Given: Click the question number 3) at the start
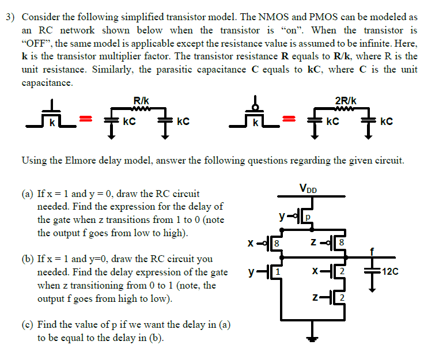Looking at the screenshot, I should point(10,17).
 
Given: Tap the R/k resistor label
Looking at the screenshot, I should point(141,101).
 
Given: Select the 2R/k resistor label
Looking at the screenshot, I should point(345,101).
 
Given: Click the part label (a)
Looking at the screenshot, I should point(28,194).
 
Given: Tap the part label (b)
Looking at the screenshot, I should point(28,259).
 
